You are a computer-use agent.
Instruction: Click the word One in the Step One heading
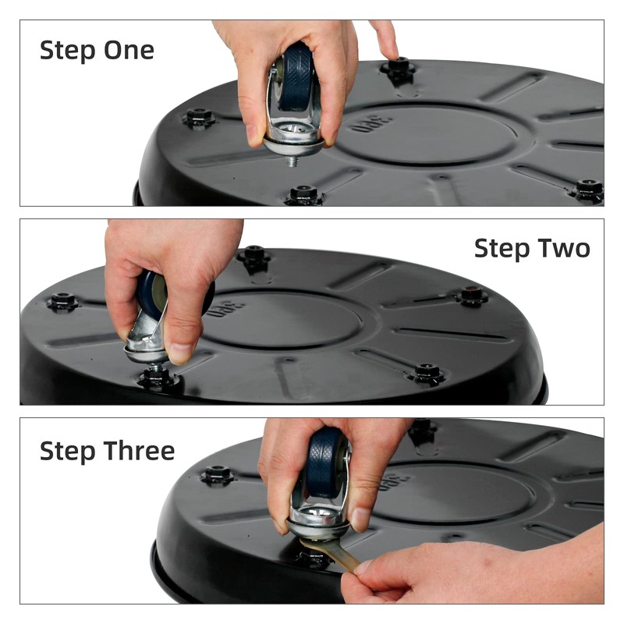[129, 50]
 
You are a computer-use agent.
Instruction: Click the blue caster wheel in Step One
[296, 76]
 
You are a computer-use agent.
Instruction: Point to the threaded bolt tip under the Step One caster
[292, 161]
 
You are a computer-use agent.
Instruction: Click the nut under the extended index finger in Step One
[399, 67]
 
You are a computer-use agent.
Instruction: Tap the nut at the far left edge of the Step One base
[199, 117]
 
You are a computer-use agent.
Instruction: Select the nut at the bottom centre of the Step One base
[304, 194]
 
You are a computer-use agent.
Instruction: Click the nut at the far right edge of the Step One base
[588, 190]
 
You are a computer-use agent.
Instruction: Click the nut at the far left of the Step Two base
[62, 301]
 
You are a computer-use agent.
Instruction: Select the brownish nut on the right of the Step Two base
[472, 296]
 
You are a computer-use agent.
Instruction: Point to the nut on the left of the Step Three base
[218, 474]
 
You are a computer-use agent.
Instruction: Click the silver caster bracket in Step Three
[318, 517]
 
